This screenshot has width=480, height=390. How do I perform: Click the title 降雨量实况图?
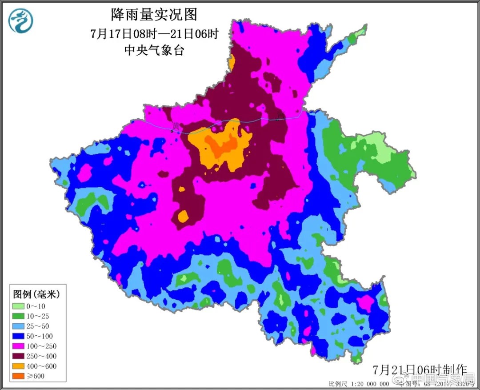(x=154, y=15)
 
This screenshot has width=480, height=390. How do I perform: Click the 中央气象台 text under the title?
(x=154, y=50)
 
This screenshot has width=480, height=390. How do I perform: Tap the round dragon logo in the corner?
(x=21, y=21)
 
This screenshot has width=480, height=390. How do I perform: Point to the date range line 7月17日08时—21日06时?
(x=154, y=33)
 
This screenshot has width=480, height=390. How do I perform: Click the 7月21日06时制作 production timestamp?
(x=420, y=370)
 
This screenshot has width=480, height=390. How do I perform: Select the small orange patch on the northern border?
(x=232, y=63)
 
